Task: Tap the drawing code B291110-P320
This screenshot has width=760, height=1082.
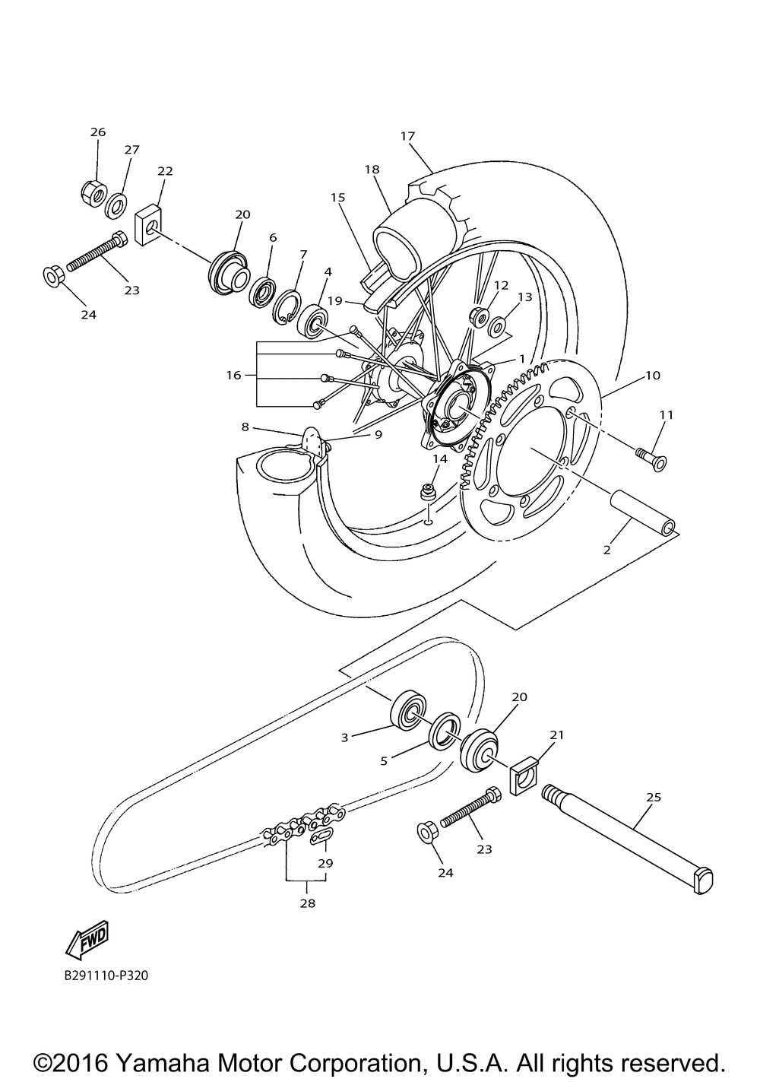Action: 106,974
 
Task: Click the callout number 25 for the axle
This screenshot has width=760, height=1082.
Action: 653,798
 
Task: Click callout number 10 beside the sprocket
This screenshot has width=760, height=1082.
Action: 653,376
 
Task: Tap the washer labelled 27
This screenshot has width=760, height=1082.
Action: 116,204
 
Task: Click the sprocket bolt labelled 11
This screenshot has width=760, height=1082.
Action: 648,457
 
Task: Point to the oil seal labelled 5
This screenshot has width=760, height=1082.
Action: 444,731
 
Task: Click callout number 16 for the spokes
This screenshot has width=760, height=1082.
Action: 233,376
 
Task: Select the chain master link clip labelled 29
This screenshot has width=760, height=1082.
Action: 322,838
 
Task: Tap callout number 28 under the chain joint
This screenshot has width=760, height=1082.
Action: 307,904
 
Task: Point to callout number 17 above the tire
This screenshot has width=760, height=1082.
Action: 407,136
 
